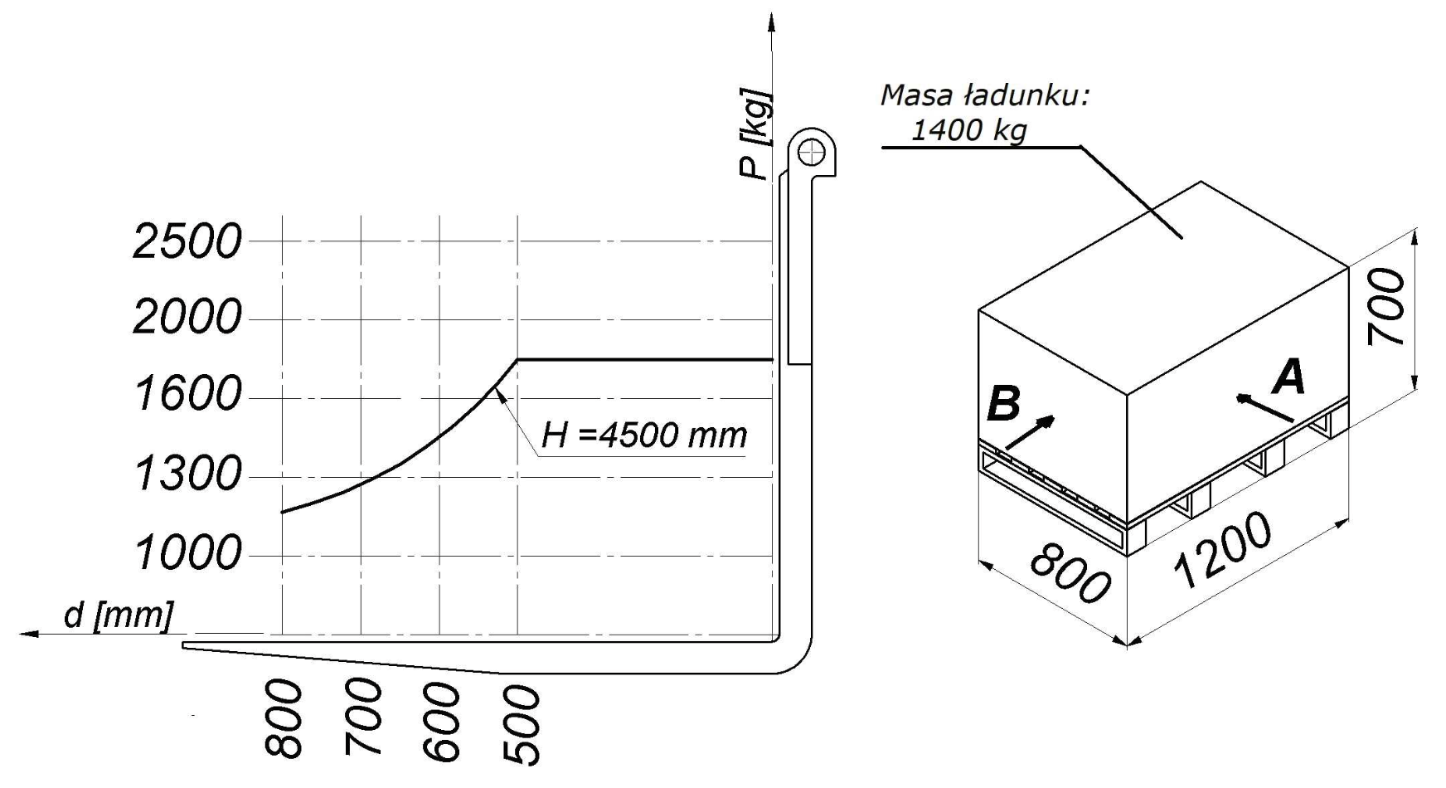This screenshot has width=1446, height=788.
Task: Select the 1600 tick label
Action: [x=187, y=394]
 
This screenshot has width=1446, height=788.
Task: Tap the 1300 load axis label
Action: [x=187, y=474]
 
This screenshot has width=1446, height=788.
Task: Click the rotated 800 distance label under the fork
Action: [x=284, y=719]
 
